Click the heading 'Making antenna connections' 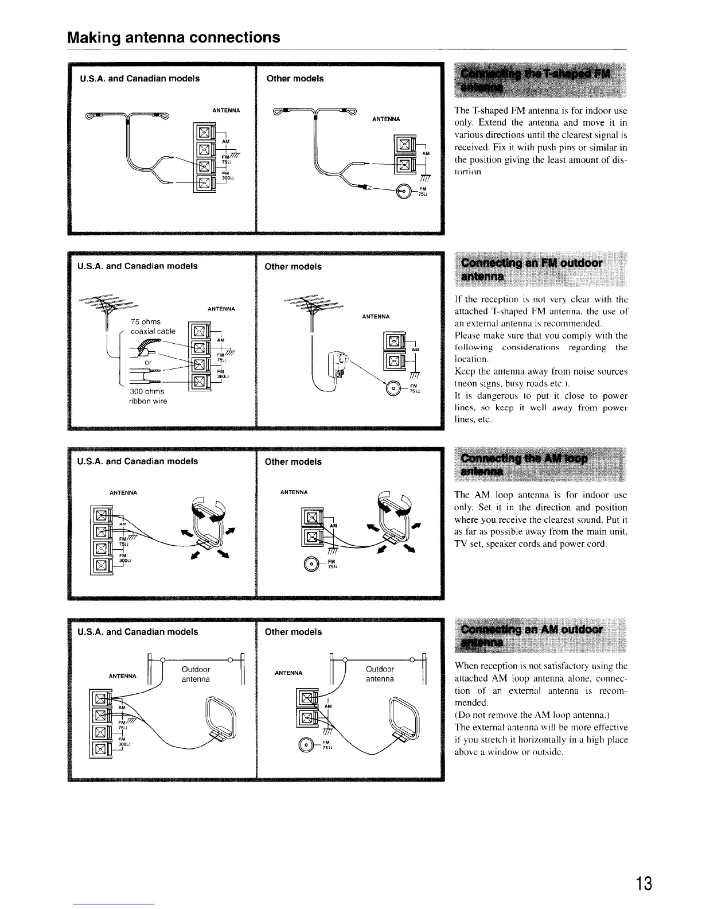(173, 38)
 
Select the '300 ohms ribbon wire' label (148, 396)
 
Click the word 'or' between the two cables (148, 362)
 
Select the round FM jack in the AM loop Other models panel (314, 562)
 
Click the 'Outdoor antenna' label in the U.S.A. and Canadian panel (195, 674)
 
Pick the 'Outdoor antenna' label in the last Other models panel (380, 674)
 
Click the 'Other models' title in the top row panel (295, 79)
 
